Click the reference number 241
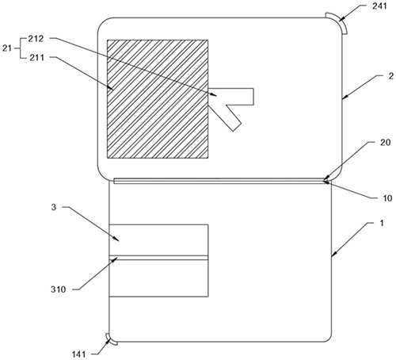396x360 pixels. (x=379, y=6)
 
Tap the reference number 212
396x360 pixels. (x=36, y=39)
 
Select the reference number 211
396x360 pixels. (x=36, y=58)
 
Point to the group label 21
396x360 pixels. (x=7, y=48)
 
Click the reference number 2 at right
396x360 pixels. (x=391, y=76)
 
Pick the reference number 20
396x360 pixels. (x=385, y=143)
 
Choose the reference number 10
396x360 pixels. (x=387, y=198)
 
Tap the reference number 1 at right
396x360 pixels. (x=381, y=224)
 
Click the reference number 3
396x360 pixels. (x=54, y=207)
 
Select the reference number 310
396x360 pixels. (x=58, y=289)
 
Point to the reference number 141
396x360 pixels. (x=78, y=354)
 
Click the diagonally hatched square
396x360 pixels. (x=158, y=99)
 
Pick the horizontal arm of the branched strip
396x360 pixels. (x=231, y=97)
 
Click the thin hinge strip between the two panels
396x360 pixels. (x=220, y=181)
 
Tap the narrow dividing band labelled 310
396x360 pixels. (x=158, y=258)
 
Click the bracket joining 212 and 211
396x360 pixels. (x=21, y=48)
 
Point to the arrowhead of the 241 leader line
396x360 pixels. (x=341, y=19)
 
